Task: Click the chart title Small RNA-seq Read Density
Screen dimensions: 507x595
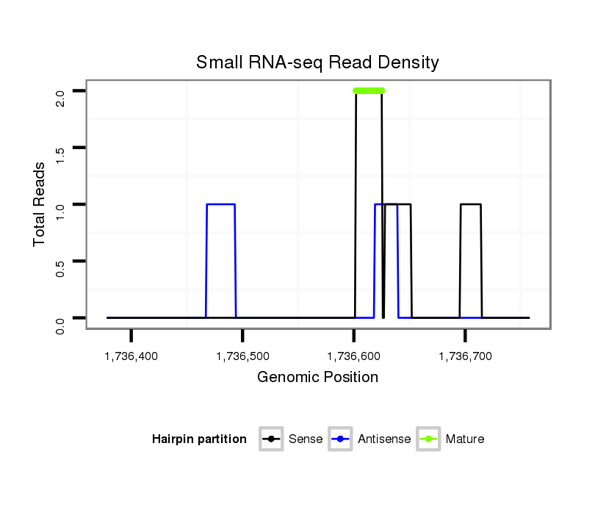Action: (x=317, y=62)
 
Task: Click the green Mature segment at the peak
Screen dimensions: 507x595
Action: (x=369, y=90)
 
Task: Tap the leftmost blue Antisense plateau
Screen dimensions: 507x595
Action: (x=221, y=204)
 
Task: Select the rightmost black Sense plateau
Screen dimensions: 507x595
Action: (x=471, y=204)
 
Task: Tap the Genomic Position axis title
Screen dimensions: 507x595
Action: (x=317, y=378)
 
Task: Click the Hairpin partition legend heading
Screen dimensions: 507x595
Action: (x=199, y=439)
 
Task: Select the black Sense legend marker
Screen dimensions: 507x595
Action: (x=271, y=439)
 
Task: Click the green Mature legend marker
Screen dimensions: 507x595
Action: (x=428, y=439)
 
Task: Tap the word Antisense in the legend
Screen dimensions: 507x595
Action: (x=384, y=439)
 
